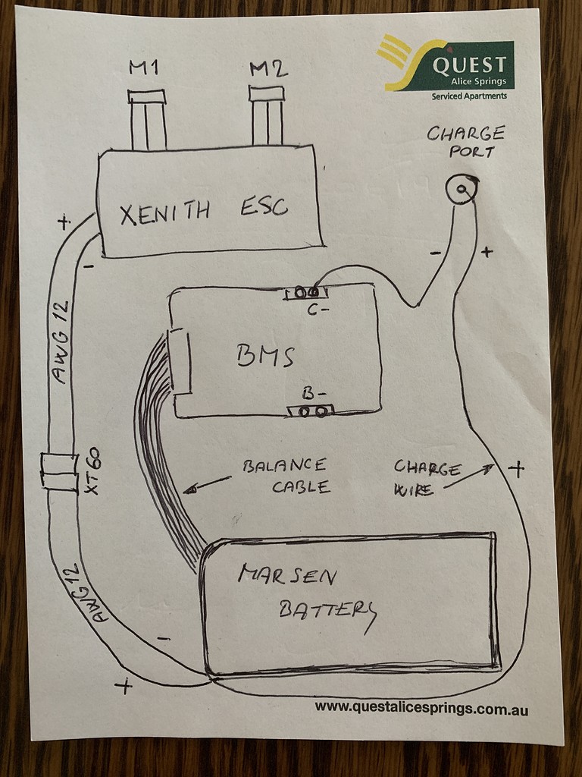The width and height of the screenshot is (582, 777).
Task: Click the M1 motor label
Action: click(143, 68)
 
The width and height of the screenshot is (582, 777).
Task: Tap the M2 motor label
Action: click(268, 70)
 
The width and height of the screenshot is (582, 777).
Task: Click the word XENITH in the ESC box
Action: click(165, 211)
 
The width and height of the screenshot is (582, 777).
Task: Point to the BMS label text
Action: click(265, 355)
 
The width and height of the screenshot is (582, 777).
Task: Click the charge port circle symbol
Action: click(461, 189)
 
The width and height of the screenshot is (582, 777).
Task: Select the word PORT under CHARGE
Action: click(471, 152)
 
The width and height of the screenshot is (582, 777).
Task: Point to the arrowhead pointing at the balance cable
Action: click(191, 490)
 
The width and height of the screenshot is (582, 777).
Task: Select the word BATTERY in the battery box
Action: click(327, 610)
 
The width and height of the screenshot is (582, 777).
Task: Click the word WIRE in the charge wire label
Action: click(414, 491)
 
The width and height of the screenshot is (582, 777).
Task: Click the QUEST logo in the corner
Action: click(447, 65)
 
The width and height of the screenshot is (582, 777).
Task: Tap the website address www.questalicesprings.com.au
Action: click(421, 709)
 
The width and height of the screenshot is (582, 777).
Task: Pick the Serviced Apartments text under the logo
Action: click(469, 96)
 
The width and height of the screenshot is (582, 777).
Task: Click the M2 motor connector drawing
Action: click(267, 115)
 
